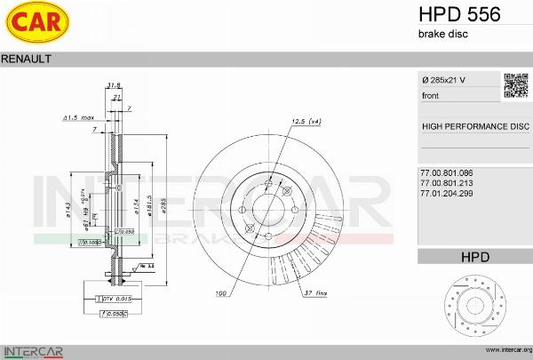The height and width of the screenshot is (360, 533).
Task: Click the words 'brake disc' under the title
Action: tap(442, 34)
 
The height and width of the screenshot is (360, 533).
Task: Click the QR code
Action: tap(516, 84)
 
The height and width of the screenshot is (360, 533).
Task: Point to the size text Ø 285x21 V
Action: tap(444, 81)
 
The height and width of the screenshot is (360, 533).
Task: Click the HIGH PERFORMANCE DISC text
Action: tap(474, 126)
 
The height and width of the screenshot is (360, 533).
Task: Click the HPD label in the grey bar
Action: tap(474, 257)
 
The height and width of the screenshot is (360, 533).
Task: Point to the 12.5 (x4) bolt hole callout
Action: tap(306, 122)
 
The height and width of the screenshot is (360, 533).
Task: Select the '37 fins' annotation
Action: tap(315, 292)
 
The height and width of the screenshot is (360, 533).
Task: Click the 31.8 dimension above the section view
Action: tap(114, 85)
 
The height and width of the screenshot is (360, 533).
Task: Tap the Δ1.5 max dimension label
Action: tap(79, 117)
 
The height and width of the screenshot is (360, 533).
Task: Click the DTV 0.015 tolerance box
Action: tap(113, 299)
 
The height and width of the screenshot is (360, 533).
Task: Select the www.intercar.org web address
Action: tap(504, 350)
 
